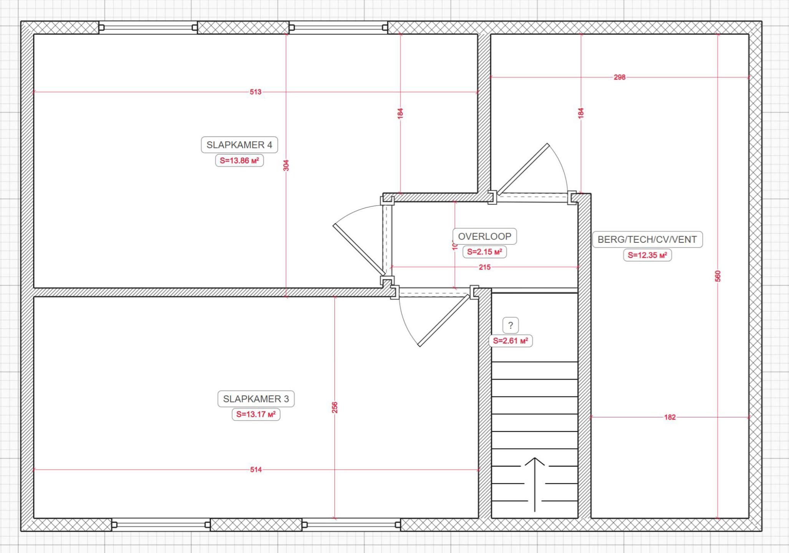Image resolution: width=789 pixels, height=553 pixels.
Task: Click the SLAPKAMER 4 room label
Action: click(x=239, y=145)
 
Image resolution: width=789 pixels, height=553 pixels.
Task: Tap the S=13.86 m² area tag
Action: click(x=239, y=161)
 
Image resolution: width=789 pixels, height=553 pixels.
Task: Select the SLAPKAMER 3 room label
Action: click(x=256, y=399)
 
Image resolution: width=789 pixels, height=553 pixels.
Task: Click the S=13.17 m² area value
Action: click(x=256, y=414)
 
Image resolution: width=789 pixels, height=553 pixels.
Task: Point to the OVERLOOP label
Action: click(x=485, y=236)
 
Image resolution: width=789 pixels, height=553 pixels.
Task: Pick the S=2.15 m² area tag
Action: click(x=485, y=252)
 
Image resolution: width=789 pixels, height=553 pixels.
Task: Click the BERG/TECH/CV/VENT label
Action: click(x=647, y=239)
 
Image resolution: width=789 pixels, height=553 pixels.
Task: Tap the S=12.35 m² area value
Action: click(x=647, y=255)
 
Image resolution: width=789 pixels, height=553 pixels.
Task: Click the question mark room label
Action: click(x=510, y=325)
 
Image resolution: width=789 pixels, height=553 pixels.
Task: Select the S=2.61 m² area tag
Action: click(x=510, y=341)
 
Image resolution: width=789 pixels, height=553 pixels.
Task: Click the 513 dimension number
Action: click(x=255, y=92)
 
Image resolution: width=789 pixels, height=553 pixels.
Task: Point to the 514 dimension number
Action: click(x=256, y=469)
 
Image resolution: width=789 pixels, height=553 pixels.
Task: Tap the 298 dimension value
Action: click(x=619, y=77)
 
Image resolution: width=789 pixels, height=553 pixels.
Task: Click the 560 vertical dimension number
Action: click(x=718, y=276)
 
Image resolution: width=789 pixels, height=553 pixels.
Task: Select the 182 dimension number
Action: click(x=670, y=417)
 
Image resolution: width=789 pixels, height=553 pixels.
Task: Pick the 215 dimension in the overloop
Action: click(x=485, y=267)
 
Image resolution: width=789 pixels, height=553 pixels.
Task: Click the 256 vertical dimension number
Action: click(x=334, y=407)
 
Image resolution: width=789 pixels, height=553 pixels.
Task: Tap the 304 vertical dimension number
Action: click(x=286, y=166)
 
